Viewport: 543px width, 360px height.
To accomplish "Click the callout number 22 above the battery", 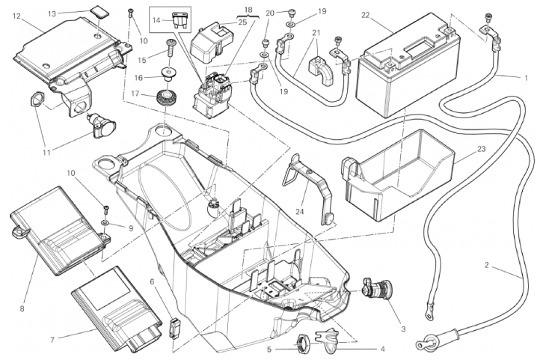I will pyautogui.click(x=365, y=14).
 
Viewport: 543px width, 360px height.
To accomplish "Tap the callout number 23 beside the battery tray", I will pyautogui.click(x=480, y=149).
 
